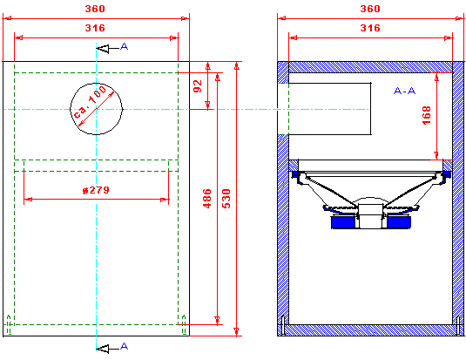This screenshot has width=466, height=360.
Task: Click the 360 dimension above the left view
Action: pyautogui.click(x=95, y=9)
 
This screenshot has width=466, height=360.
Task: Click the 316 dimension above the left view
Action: pyautogui.click(x=95, y=28)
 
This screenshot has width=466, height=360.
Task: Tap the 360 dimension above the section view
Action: pyautogui.click(x=370, y=9)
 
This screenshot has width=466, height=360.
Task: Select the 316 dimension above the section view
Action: pyautogui.click(x=370, y=28)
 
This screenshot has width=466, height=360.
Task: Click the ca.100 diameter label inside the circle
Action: pyautogui.click(x=90, y=102)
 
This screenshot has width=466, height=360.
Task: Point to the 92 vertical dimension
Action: pyautogui.click(x=198, y=86)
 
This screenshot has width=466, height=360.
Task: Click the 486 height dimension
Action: pyautogui.click(x=207, y=199)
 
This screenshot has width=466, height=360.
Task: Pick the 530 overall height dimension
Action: pyautogui.click(x=226, y=199)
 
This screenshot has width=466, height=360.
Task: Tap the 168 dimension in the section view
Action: pyautogui.click(x=427, y=115)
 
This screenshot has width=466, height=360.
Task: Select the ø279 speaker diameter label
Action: pyautogui.click(x=96, y=190)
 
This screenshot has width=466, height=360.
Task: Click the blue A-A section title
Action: pyautogui.click(x=404, y=91)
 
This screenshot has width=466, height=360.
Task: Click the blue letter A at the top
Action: pyautogui.click(x=125, y=46)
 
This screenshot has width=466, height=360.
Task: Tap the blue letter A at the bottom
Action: pyautogui.click(x=125, y=346)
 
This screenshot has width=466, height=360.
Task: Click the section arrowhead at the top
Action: pyautogui.click(x=103, y=49)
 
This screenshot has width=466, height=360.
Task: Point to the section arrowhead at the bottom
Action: pyautogui.click(x=103, y=349)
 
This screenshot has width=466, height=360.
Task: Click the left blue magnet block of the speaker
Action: pyautogui.click(x=343, y=222)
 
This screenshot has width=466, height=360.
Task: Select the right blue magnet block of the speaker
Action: pyautogui.click(x=399, y=222)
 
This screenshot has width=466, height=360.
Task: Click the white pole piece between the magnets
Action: pyautogui.click(x=370, y=216)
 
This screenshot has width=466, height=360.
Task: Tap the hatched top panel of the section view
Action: pyautogui.click(x=370, y=67)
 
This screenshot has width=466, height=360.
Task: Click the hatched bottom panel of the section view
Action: pyautogui.click(x=370, y=330)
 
